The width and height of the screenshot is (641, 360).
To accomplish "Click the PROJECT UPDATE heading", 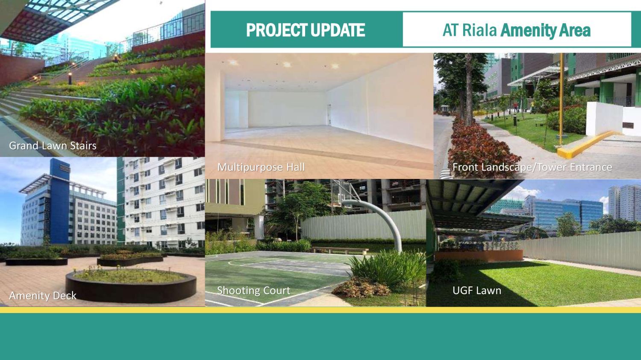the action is [306, 30].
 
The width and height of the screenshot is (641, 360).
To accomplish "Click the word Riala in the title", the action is [479, 30].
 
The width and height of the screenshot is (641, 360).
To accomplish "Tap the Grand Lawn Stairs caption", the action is [53, 146].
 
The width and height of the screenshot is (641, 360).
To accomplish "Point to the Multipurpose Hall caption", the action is [261, 167].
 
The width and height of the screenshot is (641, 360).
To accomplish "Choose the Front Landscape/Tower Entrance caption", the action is [532, 167].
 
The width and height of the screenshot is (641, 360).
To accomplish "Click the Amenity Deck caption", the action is [43, 296].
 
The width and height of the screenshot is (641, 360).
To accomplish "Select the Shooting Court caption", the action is [253, 290].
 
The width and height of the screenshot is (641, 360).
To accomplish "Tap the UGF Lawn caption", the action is [477, 290].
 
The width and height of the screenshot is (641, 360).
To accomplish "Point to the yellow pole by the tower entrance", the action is [562, 94].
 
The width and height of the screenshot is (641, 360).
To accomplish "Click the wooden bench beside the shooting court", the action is [340, 250].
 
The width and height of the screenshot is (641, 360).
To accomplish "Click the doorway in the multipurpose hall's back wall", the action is [329, 114].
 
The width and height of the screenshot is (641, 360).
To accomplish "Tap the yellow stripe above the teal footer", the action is [320, 310].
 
